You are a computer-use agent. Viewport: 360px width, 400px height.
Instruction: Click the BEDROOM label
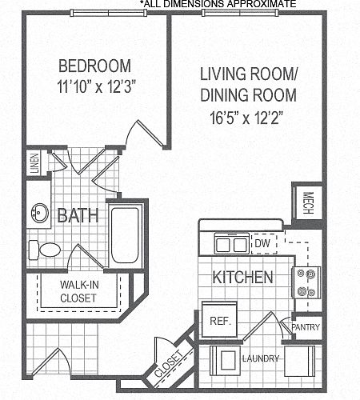94,66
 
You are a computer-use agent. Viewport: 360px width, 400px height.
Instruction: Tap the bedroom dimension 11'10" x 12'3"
94,86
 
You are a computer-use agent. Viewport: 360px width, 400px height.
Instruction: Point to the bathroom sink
40,213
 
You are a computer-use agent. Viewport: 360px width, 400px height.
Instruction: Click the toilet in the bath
44,250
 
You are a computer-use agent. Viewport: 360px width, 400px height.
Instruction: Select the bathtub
125,235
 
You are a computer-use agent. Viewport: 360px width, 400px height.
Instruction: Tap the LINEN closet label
35,163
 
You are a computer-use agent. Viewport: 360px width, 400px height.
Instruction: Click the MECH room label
308,203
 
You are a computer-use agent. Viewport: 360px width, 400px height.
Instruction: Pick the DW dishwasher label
262,243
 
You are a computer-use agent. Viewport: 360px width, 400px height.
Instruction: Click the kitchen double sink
231,244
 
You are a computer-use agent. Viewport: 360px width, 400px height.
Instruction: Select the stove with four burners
306,282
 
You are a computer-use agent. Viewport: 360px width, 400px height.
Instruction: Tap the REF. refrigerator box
220,320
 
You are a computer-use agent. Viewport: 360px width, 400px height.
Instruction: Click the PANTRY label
306,327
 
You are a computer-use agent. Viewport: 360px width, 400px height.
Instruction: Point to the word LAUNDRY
261,358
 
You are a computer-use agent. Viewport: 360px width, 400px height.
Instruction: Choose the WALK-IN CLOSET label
79,291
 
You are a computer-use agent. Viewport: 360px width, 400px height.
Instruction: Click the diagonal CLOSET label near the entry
169,364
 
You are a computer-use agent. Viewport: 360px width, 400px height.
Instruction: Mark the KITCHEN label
243,277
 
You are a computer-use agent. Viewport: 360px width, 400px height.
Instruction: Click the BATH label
78,215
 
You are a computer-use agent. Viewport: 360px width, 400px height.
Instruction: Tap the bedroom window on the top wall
109,13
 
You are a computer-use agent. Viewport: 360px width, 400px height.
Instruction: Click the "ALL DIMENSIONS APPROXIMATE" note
218,4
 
